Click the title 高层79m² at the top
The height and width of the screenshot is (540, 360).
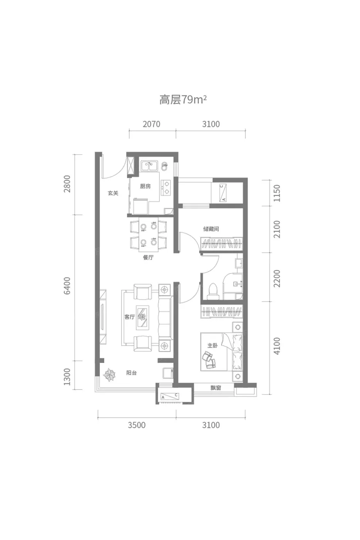183,100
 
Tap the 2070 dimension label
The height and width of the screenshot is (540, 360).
151,124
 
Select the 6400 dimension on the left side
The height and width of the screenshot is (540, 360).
67,286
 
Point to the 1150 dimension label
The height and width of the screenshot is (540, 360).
277,193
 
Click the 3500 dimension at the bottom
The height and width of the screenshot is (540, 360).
137,425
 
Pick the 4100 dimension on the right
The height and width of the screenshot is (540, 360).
277,346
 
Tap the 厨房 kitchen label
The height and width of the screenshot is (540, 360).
145,186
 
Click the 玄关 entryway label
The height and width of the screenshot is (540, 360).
113,193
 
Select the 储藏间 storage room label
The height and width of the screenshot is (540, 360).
211,229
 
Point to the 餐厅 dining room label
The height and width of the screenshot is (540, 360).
148,258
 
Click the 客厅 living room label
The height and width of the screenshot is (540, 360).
130,317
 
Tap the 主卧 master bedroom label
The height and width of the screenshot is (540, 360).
213,346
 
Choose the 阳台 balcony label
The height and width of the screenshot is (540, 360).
132,373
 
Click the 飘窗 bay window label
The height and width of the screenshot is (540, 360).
216,388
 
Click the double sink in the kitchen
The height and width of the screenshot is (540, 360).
149,166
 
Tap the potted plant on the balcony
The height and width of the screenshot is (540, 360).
109,375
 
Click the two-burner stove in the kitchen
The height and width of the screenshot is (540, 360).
166,187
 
